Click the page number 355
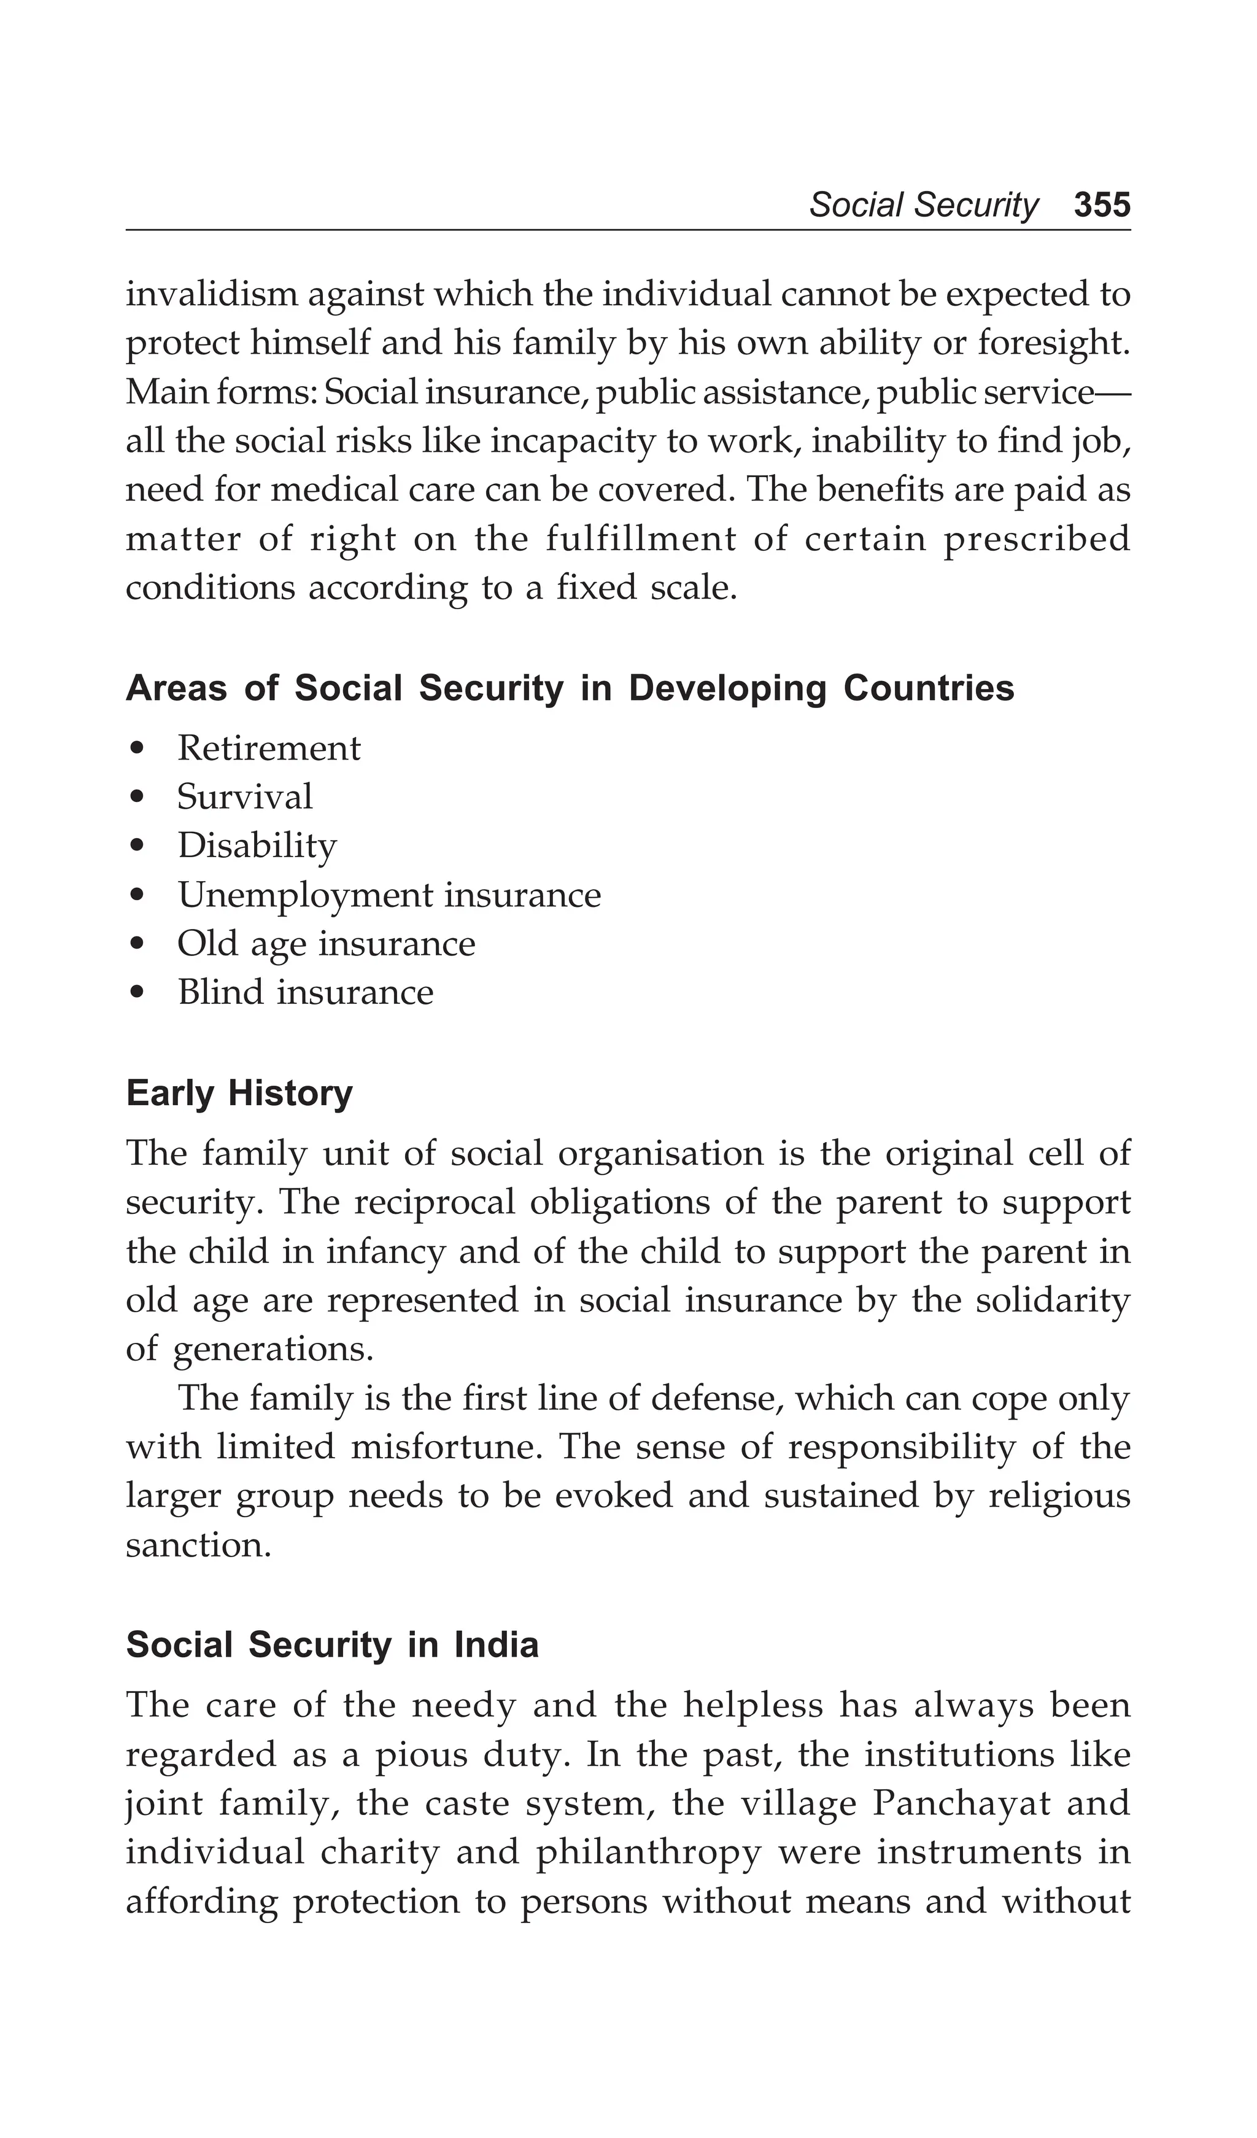point(1101,205)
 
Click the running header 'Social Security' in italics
point(923,205)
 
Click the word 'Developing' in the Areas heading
point(726,688)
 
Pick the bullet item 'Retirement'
point(268,748)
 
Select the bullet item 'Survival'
point(244,796)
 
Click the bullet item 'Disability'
point(256,846)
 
